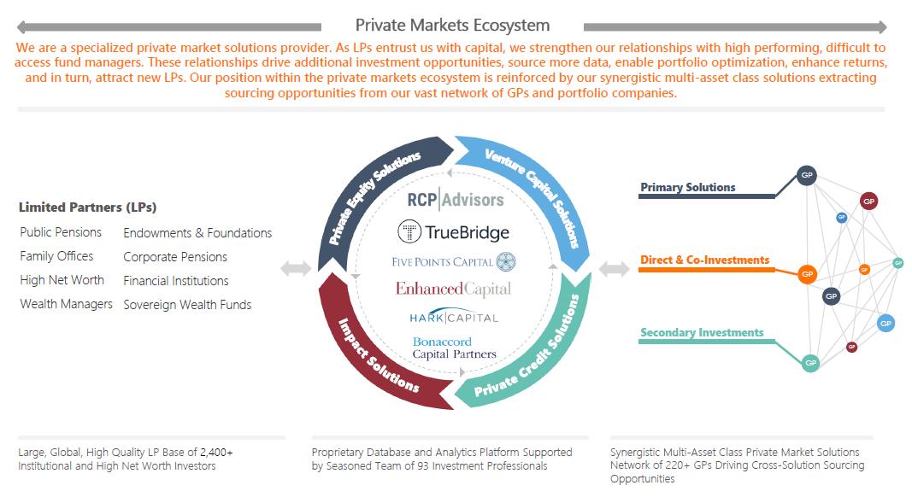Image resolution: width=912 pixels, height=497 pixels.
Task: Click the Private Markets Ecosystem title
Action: click(x=452, y=26)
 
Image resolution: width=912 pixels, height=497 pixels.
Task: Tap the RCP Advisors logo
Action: click(x=456, y=199)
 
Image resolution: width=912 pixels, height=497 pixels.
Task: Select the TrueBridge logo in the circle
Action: click(x=453, y=232)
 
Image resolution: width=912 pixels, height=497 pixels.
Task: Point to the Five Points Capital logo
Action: click(x=454, y=261)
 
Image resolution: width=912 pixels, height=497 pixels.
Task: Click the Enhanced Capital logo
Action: click(x=454, y=289)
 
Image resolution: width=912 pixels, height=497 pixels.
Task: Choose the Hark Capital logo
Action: click(x=454, y=318)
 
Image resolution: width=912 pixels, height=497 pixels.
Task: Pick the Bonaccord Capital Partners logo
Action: click(x=454, y=348)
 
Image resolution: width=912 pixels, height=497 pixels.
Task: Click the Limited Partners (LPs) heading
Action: click(x=88, y=207)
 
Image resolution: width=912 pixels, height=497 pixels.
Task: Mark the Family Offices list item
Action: click(x=56, y=256)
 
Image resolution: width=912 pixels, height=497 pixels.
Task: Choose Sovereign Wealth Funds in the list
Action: click(x=187, y=305)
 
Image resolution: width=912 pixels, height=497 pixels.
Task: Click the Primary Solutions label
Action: click(x=687, y=187)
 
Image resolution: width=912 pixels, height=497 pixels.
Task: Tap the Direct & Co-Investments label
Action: click(x=704, y=260)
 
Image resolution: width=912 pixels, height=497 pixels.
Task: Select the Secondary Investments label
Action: click(x=702, y=332)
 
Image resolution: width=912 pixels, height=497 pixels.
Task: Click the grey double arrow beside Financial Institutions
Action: click(x=296, y=268)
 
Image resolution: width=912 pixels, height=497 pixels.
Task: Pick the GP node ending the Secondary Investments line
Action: click(x=810, y=363)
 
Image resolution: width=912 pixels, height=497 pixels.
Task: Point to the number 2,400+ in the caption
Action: click(x=216, y=453)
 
